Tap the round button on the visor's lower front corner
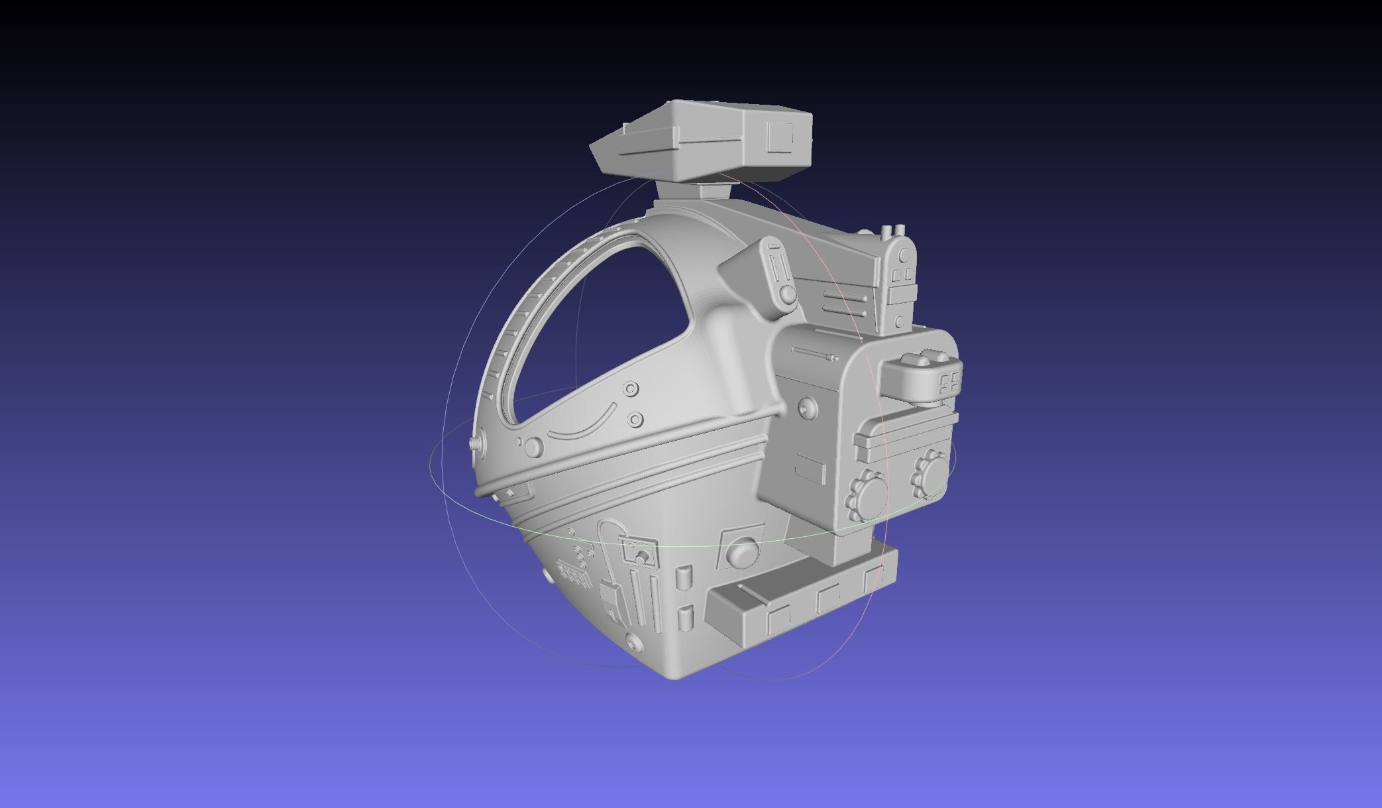(532, 447)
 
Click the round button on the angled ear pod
(787, 293)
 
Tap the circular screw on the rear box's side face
(806, 406)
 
